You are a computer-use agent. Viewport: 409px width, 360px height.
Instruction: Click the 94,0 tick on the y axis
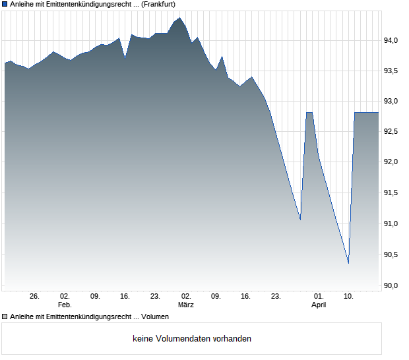click(x=394, y=40)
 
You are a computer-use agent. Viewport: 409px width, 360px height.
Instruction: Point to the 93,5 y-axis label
click(x=394, y=71)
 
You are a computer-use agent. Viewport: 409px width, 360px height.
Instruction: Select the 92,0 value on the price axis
click(x=394, y=162)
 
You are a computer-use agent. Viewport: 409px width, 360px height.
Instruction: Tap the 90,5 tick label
click(x=394, y=255)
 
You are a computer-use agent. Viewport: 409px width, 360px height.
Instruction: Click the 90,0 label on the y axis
click(x=394, y=285)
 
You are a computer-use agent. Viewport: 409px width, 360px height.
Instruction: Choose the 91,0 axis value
click(x=394, y=224)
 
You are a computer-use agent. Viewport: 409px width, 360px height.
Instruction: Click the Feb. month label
click(x=64, y=305)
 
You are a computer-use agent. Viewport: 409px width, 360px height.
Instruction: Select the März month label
click(x=185, y=305)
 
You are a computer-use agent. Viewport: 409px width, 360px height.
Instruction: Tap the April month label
click(x=319, y=305)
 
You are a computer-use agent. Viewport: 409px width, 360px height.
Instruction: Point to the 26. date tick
click(x=34, y=297)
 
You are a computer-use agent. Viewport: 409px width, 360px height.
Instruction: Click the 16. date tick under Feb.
click(x=125, y=297)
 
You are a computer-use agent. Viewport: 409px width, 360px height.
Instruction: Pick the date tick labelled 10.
click(x=348, y=297)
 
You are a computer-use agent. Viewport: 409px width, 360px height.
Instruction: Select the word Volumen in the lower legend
click(x=155, y=316)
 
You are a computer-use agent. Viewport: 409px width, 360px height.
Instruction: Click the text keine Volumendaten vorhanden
click(x=192, y=339)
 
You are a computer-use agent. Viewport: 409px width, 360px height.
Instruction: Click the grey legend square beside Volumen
click(x=5, y=316)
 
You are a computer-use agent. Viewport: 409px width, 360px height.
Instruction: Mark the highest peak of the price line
click(x=179, y=18)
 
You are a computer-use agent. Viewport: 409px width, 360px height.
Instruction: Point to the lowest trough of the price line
click(x=348, y=263)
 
